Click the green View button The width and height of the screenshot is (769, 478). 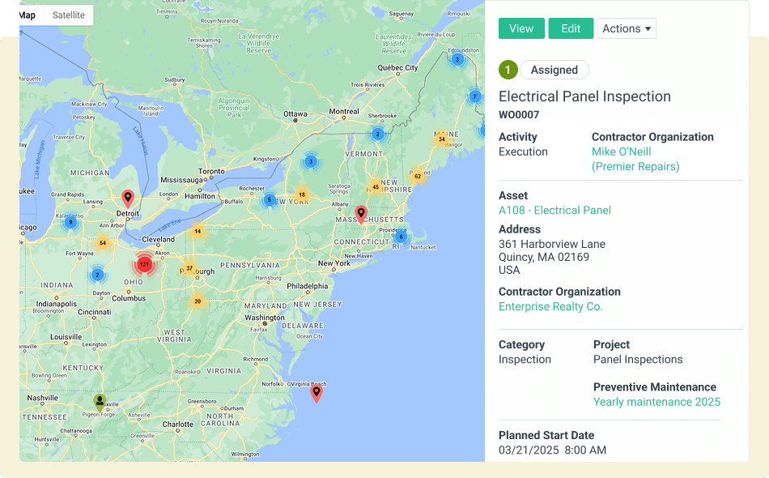[x=521, y=28]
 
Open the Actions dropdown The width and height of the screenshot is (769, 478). [x=627, y=28]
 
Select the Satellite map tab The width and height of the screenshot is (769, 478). [x=68, y=15]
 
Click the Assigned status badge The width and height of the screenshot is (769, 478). [x=554, y=70]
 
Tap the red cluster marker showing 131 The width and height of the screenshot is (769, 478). [x=144, y=264]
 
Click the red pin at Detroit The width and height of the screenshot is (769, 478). [x=127, y=198]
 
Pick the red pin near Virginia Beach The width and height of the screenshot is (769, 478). [x=317, y=393]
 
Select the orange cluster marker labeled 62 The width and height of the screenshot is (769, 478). [x=418, y=176]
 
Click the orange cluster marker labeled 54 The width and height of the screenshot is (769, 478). [x=102, y=242]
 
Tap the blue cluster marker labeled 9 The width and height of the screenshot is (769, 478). [x=70, y=221]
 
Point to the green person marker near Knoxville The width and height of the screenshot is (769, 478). [x=100, y=401]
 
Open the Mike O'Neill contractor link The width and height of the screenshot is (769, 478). [x=621, y=152]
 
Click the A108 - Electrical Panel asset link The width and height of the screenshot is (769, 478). [x=554, y=211]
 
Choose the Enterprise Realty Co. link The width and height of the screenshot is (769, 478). [x=550, y=307]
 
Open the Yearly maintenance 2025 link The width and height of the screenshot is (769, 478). [x=656, y=402]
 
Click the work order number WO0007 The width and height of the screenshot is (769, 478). [x=519, y=115]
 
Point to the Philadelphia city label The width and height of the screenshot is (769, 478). [x=308, y=286]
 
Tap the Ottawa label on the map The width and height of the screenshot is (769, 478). [x=294, y=114]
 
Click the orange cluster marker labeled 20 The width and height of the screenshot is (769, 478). [x=198, y=301]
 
